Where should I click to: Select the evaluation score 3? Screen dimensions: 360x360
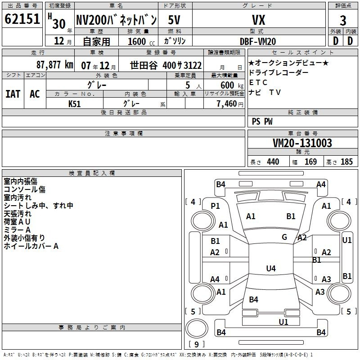click(343, 20)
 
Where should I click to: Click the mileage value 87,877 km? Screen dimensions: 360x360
click(54, 64)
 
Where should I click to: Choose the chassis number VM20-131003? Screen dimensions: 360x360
click(302, 143)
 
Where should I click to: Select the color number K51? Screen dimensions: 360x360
click(75, 103)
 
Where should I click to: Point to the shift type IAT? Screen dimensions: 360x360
click(13, 94)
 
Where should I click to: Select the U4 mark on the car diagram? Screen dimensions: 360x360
click(270, 269)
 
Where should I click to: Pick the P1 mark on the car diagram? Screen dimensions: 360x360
click(216, 206)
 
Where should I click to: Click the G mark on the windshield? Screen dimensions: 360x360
click(284, 237)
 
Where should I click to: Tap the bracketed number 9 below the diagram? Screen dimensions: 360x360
click(196, 344)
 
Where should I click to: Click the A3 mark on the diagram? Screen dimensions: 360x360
click(320, 292)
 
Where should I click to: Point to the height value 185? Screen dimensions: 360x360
click(346, 162)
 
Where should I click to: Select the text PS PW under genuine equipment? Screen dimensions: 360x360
click(262, 121)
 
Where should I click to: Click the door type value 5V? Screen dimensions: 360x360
click(175, 20)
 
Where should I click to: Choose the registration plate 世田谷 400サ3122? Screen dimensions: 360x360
click(166, 64)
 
